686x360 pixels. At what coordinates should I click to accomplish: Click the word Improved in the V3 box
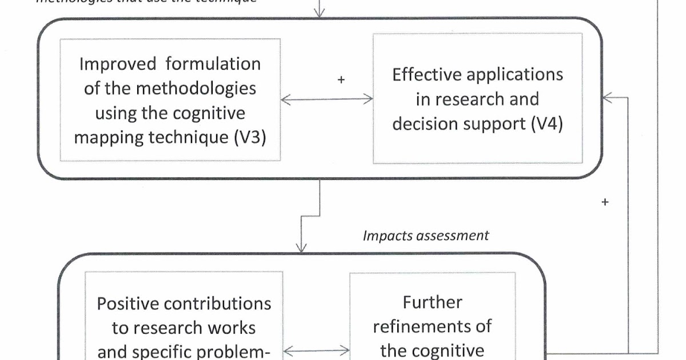click(x=110, y=63)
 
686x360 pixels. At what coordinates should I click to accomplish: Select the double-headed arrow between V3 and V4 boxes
click(x=327, y=99)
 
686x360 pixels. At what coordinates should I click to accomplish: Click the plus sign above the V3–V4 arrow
click(x=341, y=81)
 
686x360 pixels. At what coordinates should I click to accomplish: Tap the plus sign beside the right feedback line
click(x=605, y=202)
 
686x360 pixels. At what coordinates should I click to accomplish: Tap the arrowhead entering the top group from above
click(x=320, y=12)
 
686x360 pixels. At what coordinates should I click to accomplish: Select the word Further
click(x=432, y=302)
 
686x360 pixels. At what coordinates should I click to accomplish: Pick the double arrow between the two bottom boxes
click(x=317, y=350)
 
